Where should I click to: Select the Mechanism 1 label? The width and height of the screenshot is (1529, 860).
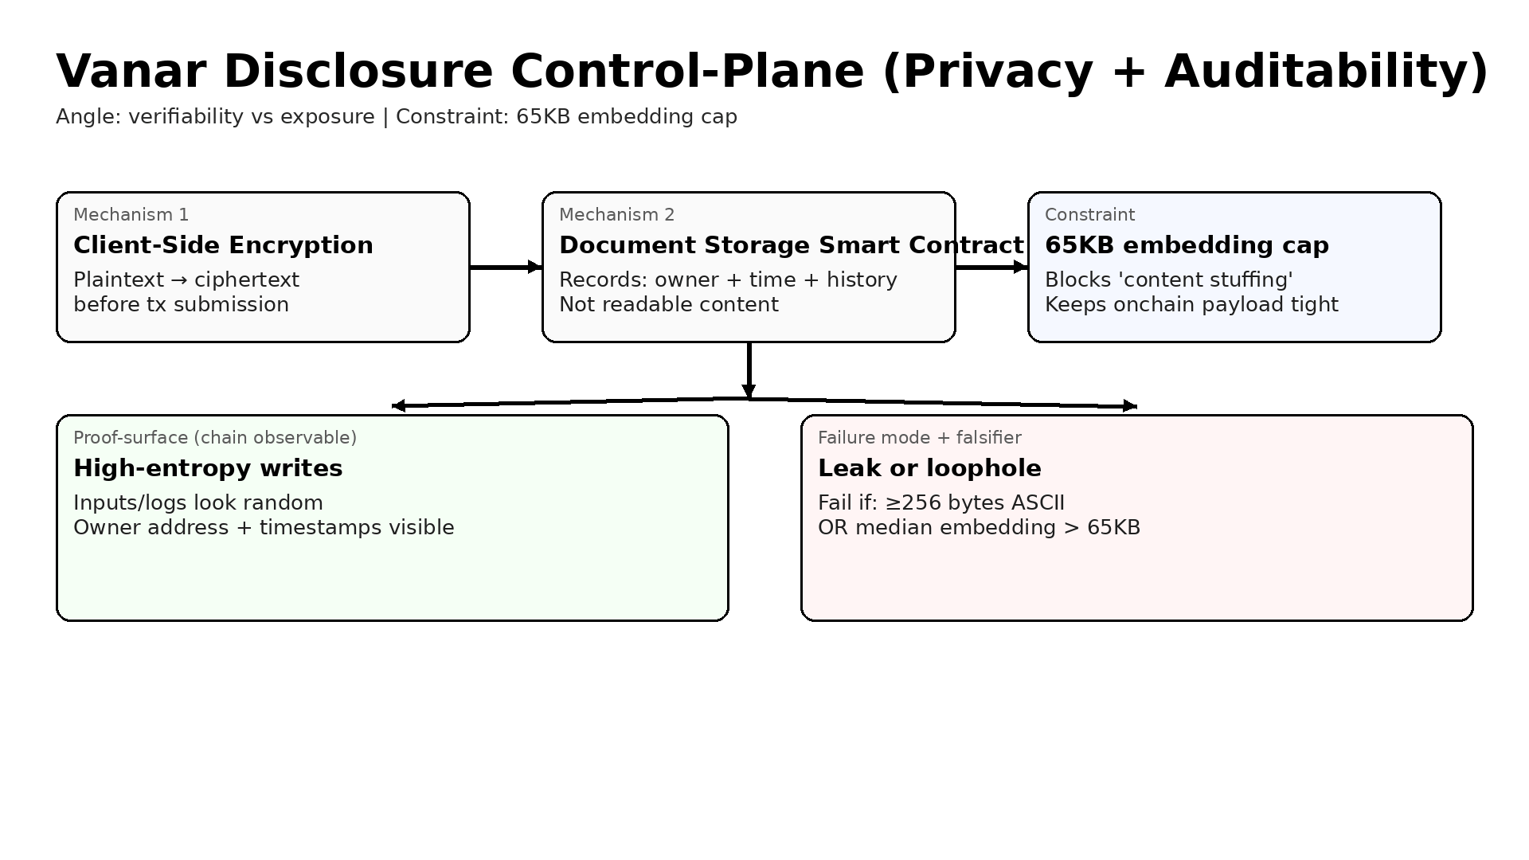pyautogui.click(x=131, y=215)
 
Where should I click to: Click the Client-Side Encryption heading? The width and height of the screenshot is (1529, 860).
pyautogui.click(x=223, y=245)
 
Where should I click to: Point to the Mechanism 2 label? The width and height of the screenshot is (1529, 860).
pyautogui.click(x=617, y=215)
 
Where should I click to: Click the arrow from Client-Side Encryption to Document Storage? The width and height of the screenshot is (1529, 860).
pyautogui.click(x=506, y=268)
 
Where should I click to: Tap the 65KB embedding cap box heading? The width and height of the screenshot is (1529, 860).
pyautogui.click(x=1187, y=245)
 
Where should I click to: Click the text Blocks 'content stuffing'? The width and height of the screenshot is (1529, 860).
pyautogui.click(x=1168, y=280)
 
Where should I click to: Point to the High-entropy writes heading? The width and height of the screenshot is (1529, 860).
pyautogui.click(x=208, y=468)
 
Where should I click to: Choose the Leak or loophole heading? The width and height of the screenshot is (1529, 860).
pyautogui.click(x=929, y=468)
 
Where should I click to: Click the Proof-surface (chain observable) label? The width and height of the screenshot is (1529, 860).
pyautogui.click(x=215, y=438)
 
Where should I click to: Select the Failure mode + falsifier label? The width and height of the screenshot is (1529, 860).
pyautogui.click(x=919, y=438)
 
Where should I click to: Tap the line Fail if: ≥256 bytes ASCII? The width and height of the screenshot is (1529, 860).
pyautogui.click(x=940, y=503)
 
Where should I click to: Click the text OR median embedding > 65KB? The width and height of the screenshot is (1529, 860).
pyautogui.click(x=979, y=528)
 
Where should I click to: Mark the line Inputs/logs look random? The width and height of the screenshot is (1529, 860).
pyautogui.click(x=198, y=503)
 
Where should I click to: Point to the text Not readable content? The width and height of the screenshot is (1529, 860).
pyautogui.click(x=669, y=305)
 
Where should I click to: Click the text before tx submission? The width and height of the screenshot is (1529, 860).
pyautogui.click(x=181, y=305)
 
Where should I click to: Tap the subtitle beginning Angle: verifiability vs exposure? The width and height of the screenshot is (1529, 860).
pyautogui.click(x=397, y=117)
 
